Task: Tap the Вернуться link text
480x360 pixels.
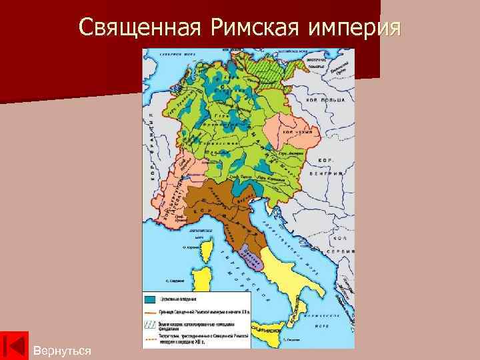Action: (x=62, y=350)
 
